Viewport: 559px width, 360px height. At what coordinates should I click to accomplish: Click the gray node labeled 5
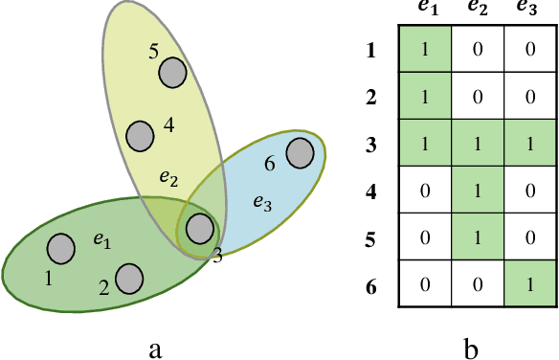(x=172, y=72)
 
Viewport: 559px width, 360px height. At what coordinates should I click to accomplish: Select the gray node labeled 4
(x=140, y=135)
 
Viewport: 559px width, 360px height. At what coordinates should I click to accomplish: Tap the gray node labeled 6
(x=301, y=153)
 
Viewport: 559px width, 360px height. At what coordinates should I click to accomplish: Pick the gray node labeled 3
(x=199, y=228)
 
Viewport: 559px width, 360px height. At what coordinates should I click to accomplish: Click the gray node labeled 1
(x=61, y=249)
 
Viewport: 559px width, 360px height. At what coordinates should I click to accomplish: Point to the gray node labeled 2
(x=129, y=278)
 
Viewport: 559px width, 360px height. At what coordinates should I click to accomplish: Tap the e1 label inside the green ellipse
(x=102, y=241)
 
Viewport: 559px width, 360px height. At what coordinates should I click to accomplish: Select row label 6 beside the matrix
(x=371, y=284)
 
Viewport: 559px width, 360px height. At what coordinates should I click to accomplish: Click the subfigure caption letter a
(x=155, y=348)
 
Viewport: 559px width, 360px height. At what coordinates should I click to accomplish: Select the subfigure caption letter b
(x=471, y=348)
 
